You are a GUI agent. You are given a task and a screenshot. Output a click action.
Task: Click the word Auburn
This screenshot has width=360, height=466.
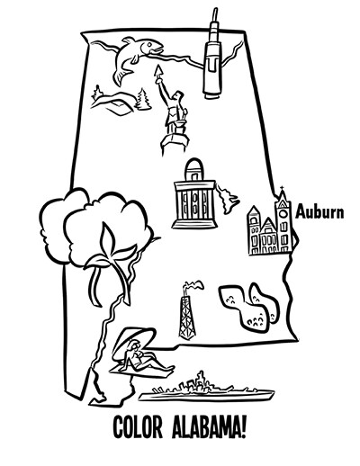click(319, 212)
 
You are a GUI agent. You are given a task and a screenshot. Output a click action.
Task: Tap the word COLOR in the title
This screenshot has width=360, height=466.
click(138, 426)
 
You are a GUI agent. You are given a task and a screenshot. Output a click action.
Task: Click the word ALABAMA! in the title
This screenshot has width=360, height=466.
click(209, 426)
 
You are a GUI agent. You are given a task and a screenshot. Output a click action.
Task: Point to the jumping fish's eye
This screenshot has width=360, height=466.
click(149, 44)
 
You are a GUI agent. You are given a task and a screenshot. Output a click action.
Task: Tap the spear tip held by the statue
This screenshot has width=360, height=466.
click(158, 71)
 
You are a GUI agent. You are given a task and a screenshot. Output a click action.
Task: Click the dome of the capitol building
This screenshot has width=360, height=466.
click(193, 170)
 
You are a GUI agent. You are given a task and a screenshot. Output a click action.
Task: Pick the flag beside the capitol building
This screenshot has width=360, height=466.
click(228, 200)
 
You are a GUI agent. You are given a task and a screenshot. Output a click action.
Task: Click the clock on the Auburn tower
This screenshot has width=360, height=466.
click(283, 213)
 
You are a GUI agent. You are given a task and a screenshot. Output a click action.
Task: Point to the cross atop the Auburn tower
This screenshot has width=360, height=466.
click(282, 189)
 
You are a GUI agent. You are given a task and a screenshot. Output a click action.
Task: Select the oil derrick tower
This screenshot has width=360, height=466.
click(187, 317)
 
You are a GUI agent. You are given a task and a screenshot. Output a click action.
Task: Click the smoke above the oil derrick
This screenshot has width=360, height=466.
click(193, 285)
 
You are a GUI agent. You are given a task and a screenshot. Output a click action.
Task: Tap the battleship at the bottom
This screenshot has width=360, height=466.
click(206, 389)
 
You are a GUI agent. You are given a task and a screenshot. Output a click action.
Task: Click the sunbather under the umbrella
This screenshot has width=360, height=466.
click(143, 357)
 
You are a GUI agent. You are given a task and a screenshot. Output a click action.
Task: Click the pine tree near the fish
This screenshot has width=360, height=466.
click(143, 99)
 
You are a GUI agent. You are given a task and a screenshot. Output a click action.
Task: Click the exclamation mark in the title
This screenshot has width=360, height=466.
click(244, 426)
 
